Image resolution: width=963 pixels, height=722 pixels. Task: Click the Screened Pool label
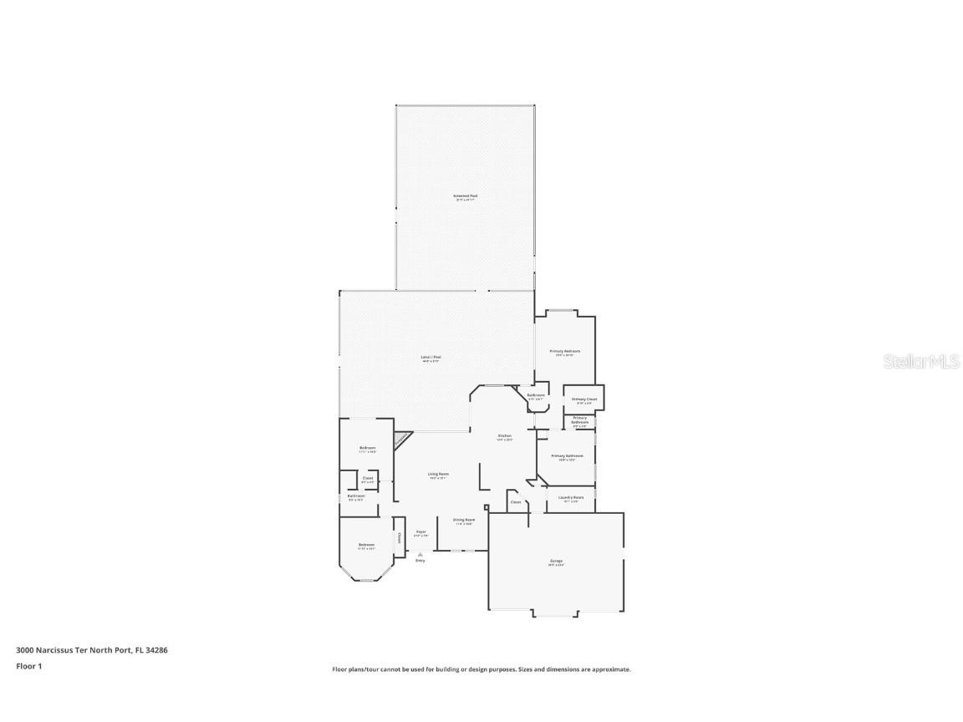(x=466, y=196)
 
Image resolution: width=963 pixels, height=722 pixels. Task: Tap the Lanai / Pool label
(x=431, y=358)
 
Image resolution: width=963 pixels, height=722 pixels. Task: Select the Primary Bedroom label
(x=565, y=352)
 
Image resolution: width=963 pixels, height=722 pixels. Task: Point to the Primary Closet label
(x=585, y=399)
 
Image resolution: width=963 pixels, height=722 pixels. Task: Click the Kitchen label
(x=505, y=436)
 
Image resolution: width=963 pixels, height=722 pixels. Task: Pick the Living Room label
(x=439, y=474)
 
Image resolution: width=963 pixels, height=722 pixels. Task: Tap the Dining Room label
(x=464, y=520)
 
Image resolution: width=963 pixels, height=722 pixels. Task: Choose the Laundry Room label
(x=571, y=497)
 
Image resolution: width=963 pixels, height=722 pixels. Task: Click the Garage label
(x=556, y=561)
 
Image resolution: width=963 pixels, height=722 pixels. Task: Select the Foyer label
(x=421, y=531)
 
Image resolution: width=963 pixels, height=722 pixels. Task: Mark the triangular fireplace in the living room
(x=402, y=438)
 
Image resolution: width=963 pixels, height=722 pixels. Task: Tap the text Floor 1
(x=28, y=666)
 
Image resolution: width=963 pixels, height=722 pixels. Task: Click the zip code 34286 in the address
(x=158, y=649)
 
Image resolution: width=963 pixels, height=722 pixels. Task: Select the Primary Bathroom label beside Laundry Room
(x=567, y=456)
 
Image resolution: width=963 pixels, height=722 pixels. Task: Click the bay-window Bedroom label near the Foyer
(x=366, y=545)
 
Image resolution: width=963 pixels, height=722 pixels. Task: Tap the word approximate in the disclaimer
(x=611, y=669)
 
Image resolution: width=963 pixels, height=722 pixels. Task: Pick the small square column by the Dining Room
(x=487, y=507)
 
